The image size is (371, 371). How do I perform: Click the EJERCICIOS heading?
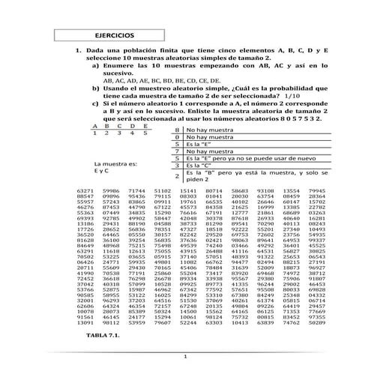point(115,36)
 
